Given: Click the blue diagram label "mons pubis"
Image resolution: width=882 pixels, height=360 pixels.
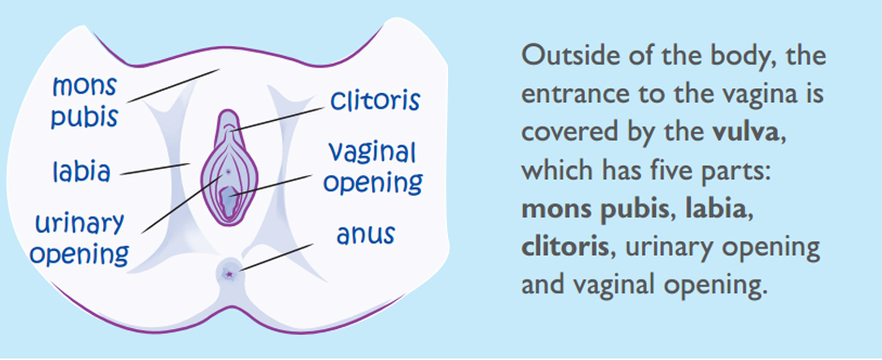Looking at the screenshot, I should pyautogui.click(x=85, y=102).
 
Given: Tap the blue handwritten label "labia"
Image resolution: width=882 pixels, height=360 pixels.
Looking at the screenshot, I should pyautogui.click(x=82, y=172).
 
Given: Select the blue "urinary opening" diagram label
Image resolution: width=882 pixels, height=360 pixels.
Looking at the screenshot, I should pyautogui.click(x=80, y=237).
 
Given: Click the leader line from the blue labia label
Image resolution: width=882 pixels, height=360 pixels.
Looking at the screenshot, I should pyautogui.click(x=155, y=170).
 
